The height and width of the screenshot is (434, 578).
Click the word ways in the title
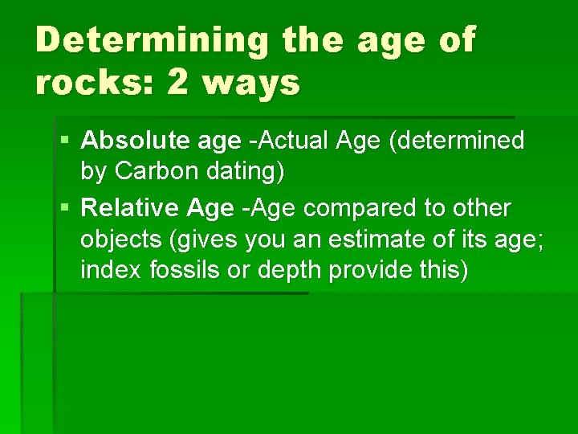pos(251,82)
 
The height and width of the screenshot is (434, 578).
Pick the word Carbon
pos(152,171)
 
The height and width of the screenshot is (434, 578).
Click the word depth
pos(286,270)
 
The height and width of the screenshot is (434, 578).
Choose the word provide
pos(365,270)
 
